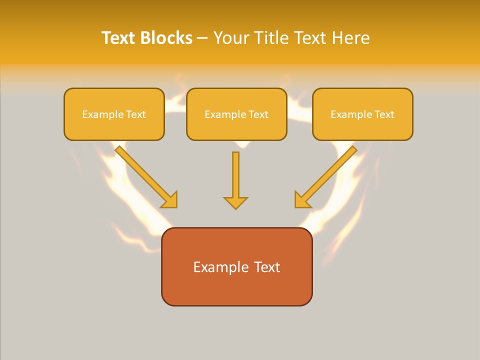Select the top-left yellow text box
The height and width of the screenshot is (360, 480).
(114, 114)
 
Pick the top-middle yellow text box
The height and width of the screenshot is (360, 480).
(236, 114)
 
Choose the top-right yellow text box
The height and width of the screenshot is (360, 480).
(362, 114)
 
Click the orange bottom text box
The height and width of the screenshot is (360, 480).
(236, 266)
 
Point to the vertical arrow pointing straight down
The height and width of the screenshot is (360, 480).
(235, 177)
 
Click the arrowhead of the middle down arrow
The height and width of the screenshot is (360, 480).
(235, 202)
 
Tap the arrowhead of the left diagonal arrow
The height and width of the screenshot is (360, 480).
(170, 200)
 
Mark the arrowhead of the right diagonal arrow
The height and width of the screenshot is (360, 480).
(301, 200)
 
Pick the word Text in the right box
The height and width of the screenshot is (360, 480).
(384, 114)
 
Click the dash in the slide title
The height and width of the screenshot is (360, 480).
(202, 38)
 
